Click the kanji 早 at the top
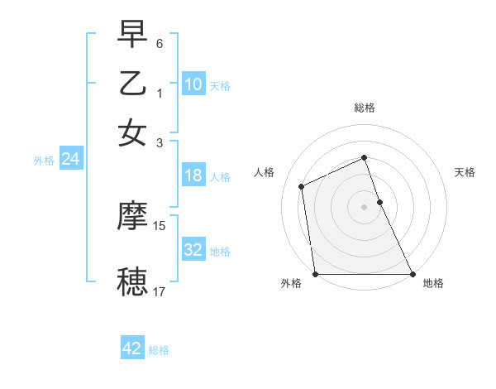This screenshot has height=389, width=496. point(132,35)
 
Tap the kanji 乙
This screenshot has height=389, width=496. point(132,84)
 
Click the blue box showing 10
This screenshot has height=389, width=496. point(193,84)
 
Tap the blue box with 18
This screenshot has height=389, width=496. point(193,175)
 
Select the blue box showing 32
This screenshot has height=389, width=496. point(193,250)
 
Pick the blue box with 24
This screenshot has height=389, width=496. point(70,159)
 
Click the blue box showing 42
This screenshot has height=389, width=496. point(131,348)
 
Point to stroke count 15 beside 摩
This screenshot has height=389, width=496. point(160,225)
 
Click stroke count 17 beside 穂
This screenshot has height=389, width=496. point(160,291)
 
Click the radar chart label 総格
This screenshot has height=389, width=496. point(364,108)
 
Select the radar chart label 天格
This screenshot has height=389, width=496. point(465,172)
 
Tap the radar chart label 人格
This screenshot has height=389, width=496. point(264,172)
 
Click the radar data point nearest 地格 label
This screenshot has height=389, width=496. point(413,274)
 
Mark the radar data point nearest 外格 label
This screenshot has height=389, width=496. point(315,274)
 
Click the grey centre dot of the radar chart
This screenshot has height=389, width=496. point(364,207)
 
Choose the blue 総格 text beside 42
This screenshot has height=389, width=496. point(159,350)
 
